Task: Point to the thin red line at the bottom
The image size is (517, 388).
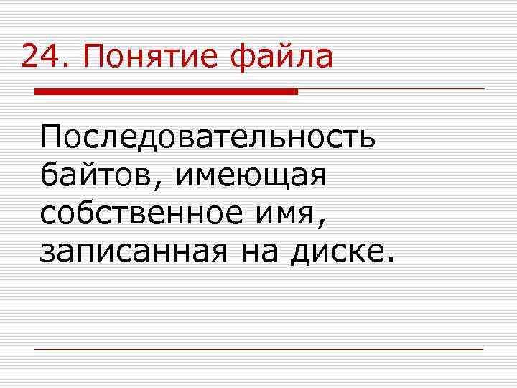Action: click(258, 350)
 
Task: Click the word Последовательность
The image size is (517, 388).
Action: click(208, 137)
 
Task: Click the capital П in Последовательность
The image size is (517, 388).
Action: click(52, 137)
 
